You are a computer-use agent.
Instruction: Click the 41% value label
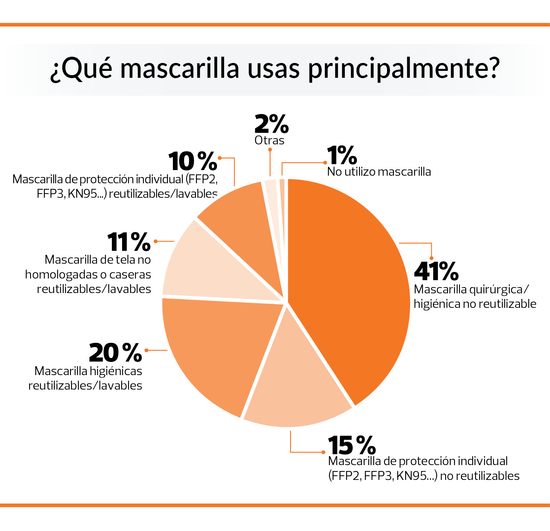(x=436, y=271)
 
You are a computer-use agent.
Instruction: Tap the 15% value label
(x=352, y=445)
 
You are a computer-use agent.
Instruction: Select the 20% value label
(x=115, y=353)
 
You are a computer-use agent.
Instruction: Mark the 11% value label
(x=129, y=242)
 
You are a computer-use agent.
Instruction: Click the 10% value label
(x=193, y=161)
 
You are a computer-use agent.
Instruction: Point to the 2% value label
(x=272, y=124)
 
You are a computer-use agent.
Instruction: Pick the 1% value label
(x=342, y=156)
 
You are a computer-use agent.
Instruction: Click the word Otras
(x=269, y=140)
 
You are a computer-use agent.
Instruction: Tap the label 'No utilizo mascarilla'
(x=379, y=172)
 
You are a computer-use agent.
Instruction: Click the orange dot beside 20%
(x=146, y=350)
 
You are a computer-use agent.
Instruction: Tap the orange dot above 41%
(x=432, y=258)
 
